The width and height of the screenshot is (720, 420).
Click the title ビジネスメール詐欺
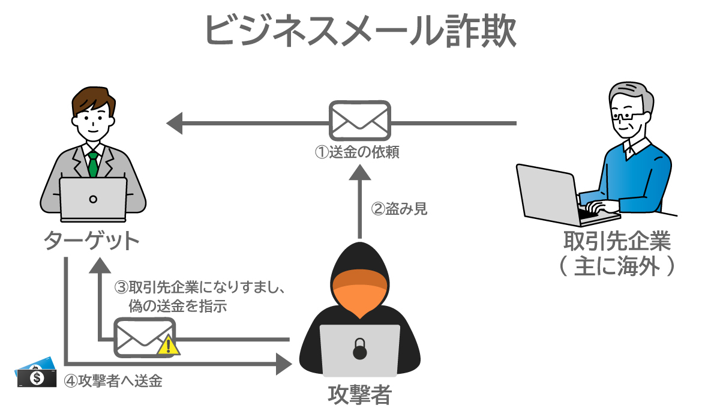tap(360, 30)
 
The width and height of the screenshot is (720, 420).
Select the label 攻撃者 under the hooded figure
tap(359, 395)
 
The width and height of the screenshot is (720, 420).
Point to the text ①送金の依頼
tap(358, 152)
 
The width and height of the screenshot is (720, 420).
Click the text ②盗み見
tap(400, 209)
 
